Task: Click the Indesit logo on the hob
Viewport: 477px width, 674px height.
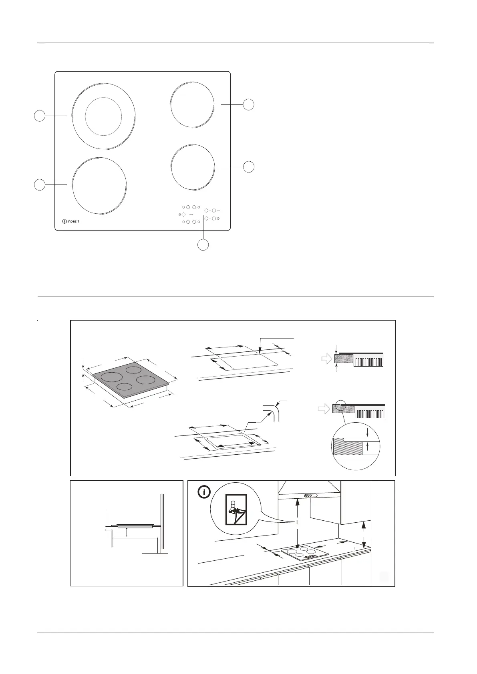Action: click(x=71, y=221)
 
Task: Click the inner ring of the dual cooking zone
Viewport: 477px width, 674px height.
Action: click(x=103, y=116)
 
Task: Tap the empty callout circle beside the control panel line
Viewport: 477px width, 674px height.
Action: click(x=203, y=245)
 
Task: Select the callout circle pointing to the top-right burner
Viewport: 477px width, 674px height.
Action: click(x=249, y=104)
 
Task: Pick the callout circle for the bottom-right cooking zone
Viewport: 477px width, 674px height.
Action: click(x=249, y=166)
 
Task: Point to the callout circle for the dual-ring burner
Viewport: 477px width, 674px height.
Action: click(x=39, y=116)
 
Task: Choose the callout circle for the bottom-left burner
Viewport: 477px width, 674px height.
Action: click(x=39, y=185)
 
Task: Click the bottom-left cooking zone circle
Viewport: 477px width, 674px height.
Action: click(x=100, y=186)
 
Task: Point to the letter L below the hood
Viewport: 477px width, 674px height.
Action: click(x=298, y=522)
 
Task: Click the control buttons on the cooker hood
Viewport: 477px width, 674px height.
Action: click(x=309, y=495)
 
